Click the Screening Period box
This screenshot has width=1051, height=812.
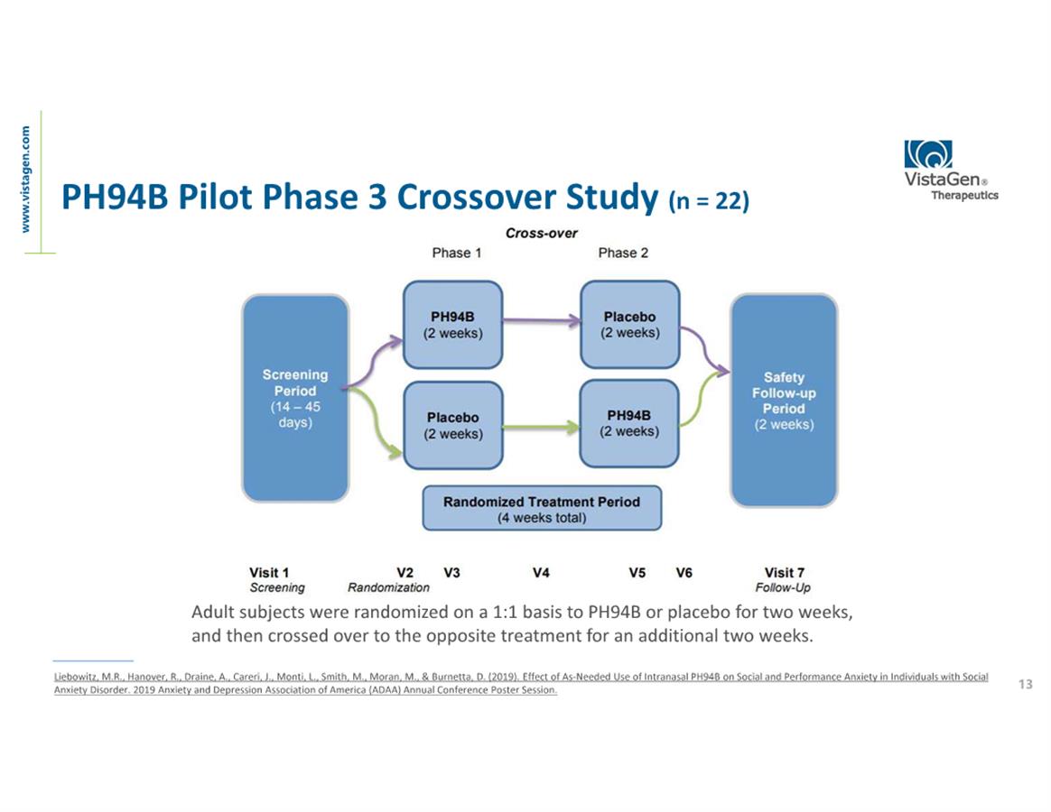coord(295,399)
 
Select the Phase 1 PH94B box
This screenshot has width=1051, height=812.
coord(452,325)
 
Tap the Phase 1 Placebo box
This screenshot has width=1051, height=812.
coord(452,425)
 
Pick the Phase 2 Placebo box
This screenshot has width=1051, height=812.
coord(629,325)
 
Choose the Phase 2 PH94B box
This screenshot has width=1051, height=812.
coord(629,423)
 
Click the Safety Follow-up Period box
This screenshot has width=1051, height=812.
coord(784,401)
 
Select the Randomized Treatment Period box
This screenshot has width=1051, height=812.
coord(542,509)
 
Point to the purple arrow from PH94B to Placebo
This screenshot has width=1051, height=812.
coord(540,319)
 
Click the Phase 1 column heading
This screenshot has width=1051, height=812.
coord(457,253)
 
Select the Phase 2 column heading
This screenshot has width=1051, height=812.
coord(623,253)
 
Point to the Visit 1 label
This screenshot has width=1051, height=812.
coord(269,572)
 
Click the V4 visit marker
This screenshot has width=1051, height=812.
coord(542,572)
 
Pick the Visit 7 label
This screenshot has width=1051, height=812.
coord(784,572)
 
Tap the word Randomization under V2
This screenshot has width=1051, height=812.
coord(388,587)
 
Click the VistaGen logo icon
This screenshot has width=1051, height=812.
coord(928,155)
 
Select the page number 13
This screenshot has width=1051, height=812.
coord(1025,684)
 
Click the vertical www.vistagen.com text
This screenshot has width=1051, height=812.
coord(26,179)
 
